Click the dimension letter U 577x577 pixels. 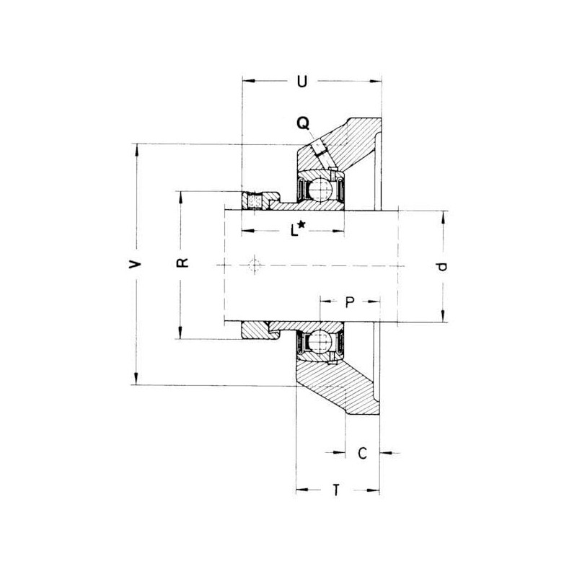[x=301, y=82]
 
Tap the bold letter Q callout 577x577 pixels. [x=303, y=123]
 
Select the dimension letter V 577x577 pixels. [x=135, y=264]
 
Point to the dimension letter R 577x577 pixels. [x=182, y=263]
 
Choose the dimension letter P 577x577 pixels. [x=350, y=302]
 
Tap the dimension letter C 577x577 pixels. [x=363, y=453]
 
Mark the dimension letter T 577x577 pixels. [x=336, y=490]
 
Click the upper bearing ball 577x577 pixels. [x=320, y=189]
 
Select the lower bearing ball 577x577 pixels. [x=320, y=341]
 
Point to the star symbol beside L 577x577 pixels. [x=301, y=224]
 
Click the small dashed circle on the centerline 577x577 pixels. [x=255, y=265]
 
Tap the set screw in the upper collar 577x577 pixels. [x=255, y=202]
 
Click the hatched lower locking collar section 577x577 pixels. [x=255, y=330]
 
